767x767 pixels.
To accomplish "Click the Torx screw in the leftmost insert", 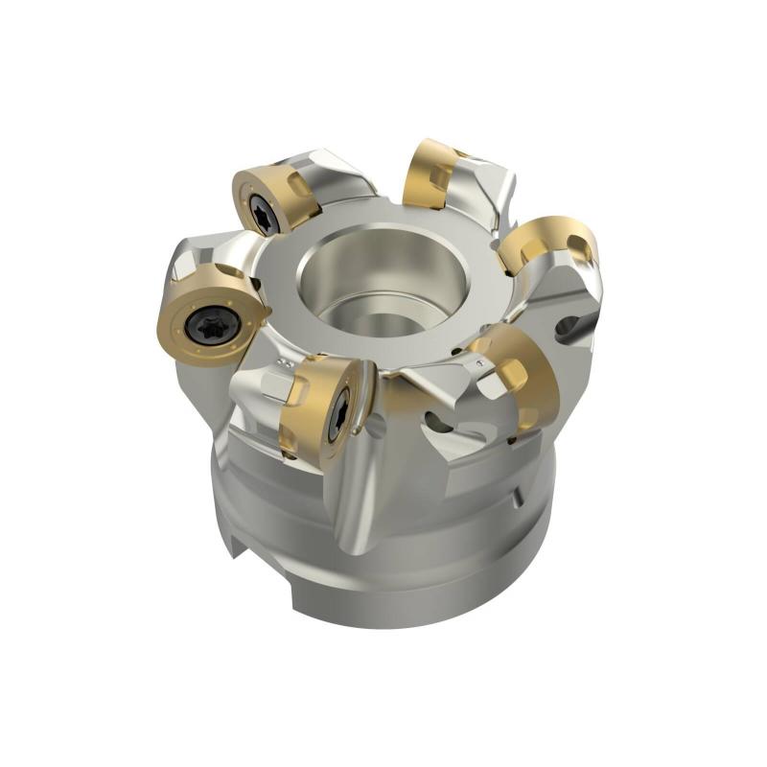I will [206, 323].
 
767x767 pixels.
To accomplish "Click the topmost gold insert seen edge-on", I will [430, 173].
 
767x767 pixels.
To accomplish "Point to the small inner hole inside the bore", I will [383, 321].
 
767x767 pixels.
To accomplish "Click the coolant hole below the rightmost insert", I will [569, 327].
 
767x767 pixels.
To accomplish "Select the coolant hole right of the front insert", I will [437, 422].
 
